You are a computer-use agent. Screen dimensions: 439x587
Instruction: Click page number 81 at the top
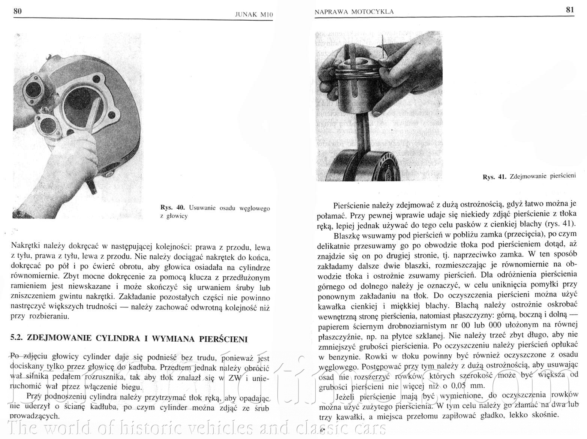click(x=570, y=10)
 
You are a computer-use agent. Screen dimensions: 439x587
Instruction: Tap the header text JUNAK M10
click(x=253, y=15)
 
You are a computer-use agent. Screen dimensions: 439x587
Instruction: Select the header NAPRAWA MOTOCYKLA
click(x=354, y=12)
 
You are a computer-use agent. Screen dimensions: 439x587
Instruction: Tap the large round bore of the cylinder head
click(x=81, y=105)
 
